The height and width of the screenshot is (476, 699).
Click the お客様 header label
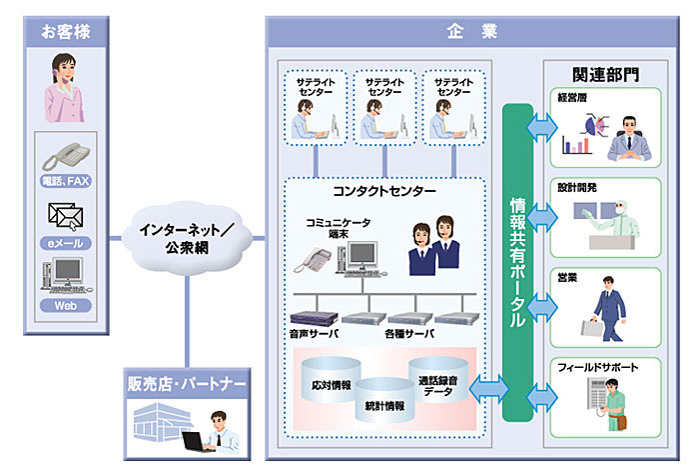click(x=66, y=31)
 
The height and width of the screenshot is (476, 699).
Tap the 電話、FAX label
click(x=67, y=181)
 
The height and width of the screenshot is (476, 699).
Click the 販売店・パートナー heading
click(x=186, y=383)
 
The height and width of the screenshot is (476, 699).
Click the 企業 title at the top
click(x=472, y=31)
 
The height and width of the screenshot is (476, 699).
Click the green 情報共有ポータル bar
click(x=517, y=262)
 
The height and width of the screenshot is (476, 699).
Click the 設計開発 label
click(x=578, y=187)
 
